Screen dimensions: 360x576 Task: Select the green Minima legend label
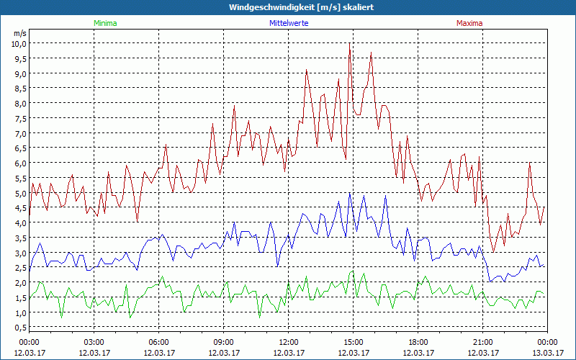coord(104,23)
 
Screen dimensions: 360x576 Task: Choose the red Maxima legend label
coord(469,23)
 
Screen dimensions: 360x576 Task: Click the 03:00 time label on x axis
coord(94,342)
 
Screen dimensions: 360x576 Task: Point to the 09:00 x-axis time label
coord(223,342)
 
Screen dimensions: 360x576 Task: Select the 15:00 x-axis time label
coord(353,342)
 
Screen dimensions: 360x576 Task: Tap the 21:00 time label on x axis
coord(482,342)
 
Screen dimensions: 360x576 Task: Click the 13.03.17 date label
coord(547,353)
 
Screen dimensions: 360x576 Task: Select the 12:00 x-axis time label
coord(288,342)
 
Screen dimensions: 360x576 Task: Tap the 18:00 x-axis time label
coord(418,342)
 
